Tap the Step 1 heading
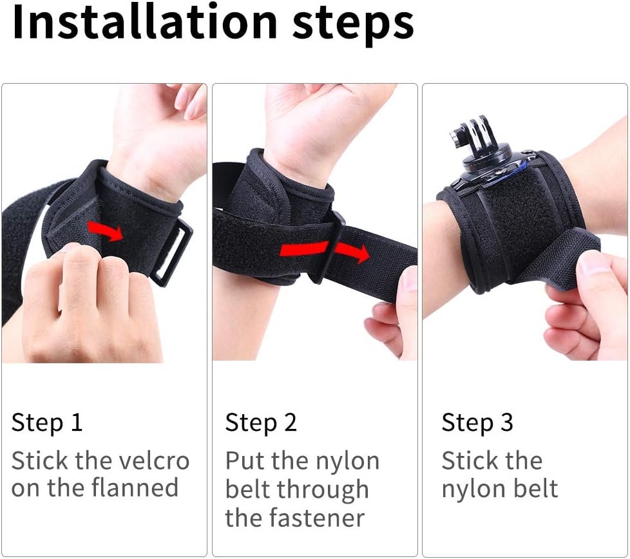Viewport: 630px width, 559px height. pos(47,424)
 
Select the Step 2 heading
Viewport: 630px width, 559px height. pos(261,424)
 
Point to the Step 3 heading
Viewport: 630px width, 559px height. pos(477,424)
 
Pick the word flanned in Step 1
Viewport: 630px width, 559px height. pos(135,488)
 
